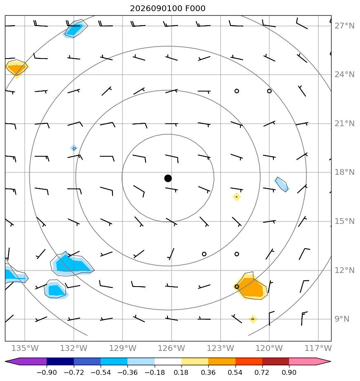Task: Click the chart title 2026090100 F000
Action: pos(167,9)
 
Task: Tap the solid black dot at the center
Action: pos(168,179)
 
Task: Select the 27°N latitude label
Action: pos(344,26)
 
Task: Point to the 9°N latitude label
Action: pos(342,319)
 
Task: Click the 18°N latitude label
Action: pos(344,172)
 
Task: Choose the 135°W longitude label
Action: pos(25,348)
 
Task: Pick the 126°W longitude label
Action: pos(172,348)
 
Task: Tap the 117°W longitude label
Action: pos(318,348)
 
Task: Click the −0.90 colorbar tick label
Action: pos(47,372)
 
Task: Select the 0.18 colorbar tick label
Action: pos(181,372)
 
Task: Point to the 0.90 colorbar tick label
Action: pos(289,372)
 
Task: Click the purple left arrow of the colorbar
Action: pos(12,362)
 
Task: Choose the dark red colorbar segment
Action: pos(275,362)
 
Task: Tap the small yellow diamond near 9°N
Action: pos(253,319)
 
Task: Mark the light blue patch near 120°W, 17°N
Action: pos(282,185)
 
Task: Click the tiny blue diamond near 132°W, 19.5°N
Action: pos(74,148)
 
